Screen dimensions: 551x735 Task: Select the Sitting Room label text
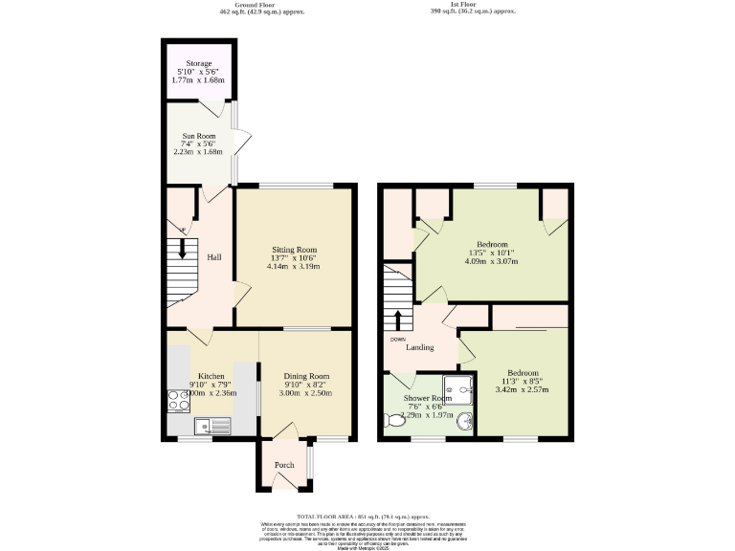(x=293, y=250)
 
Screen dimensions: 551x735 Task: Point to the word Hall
(x=214, y=256)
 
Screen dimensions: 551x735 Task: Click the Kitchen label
(x=211, y=375)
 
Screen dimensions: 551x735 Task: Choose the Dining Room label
(x=306, y=376)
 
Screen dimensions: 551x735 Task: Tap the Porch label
(x=284, y=465)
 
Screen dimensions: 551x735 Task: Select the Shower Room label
(x=427, y=398)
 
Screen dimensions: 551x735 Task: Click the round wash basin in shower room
(x=464, y=422)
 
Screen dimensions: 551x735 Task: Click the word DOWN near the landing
(x=398, y=339)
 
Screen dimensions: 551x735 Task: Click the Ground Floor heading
(x=237, y=4)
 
